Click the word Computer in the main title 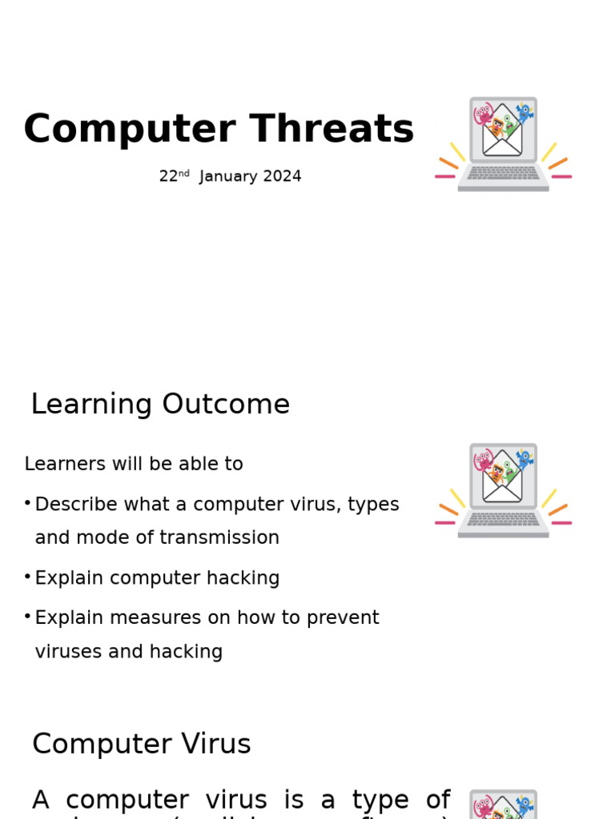tap(129, 130)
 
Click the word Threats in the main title tap(332, 130)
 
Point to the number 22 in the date tap(168, 177)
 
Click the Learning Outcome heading tap(160, 405)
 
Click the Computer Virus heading tap(142, 745)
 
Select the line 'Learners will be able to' tap(134, 465)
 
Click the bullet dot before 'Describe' tap(27, 503)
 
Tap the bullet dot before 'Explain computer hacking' tap(27, 577)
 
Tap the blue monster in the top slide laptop tap(524, 113)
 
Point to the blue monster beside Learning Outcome tap(524, 459)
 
